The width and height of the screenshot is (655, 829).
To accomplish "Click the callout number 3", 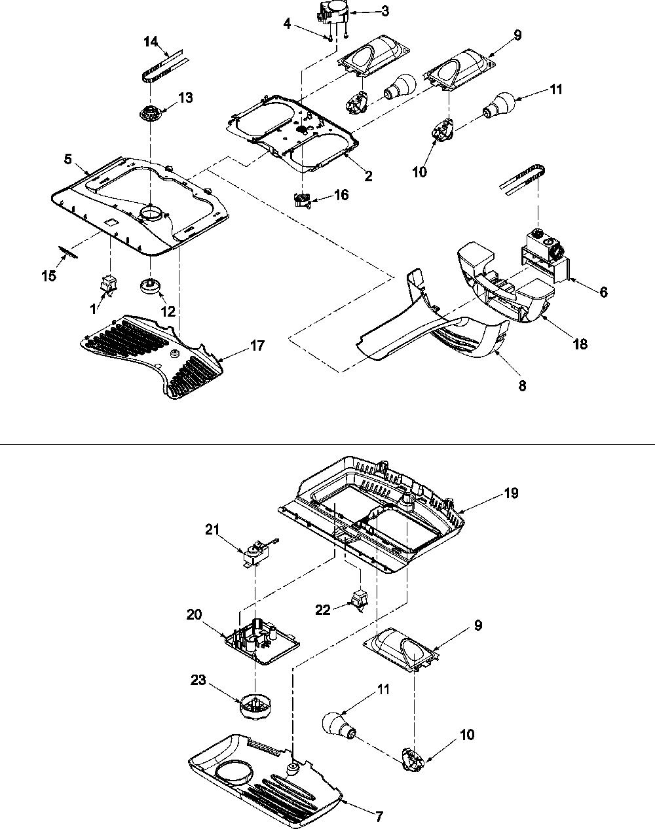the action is tap(385, 11).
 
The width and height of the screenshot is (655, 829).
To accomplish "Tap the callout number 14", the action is tap(151, 41).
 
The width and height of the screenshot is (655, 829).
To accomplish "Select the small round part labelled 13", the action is tap(149, 113).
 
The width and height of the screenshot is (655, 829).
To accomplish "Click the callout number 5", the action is tap(68, 159).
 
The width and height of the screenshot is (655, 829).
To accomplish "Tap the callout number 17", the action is tap(257, 345).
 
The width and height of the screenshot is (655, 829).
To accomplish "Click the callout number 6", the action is tap(604, 292).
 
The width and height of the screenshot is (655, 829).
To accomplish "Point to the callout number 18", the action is tap(580, 344).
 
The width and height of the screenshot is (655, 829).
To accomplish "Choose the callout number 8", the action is tap(522, 385).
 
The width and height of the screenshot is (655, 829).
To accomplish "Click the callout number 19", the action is tap(511, 493).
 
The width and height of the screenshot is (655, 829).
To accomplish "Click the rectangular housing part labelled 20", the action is tap(262, 641).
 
